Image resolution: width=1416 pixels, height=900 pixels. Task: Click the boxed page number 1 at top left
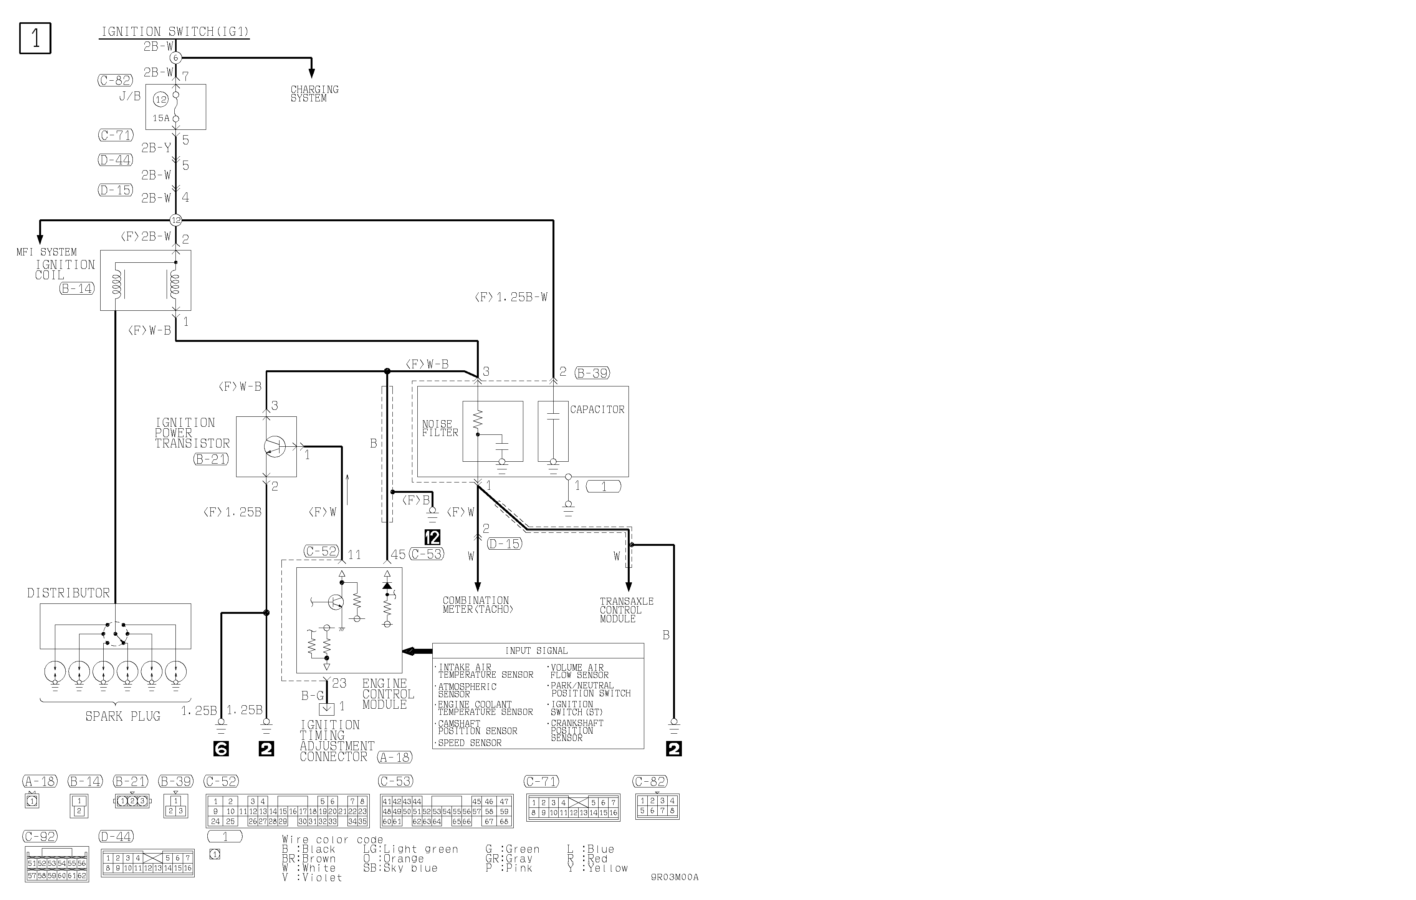(x=35, y=38)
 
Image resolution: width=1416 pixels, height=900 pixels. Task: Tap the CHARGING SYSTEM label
(x=314, y=93)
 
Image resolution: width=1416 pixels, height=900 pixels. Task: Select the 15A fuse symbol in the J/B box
(x=175, y=106)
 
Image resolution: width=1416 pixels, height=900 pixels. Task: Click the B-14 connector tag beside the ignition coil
(x=77, y=288)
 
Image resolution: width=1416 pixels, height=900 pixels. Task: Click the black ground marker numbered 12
(x=432, y=537)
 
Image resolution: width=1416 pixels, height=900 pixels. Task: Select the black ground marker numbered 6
(x=221, y=748)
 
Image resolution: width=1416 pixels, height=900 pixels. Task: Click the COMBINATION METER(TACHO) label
(x=478, y=605)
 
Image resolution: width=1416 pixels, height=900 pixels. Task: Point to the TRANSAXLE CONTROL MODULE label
(x=626, y=610)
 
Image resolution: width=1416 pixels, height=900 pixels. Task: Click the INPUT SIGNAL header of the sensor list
(x=536, y=651)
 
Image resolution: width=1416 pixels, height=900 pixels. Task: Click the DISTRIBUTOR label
(x=68, y=593)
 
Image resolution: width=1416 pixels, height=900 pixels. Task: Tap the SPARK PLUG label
(x=123, y=716)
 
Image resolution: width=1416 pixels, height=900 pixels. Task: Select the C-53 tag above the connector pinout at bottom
(x=396, y=781)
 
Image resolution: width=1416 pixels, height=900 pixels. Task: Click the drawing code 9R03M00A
(x=675, y=877)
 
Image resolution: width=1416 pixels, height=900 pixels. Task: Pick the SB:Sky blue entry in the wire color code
(x=400, y=868)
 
